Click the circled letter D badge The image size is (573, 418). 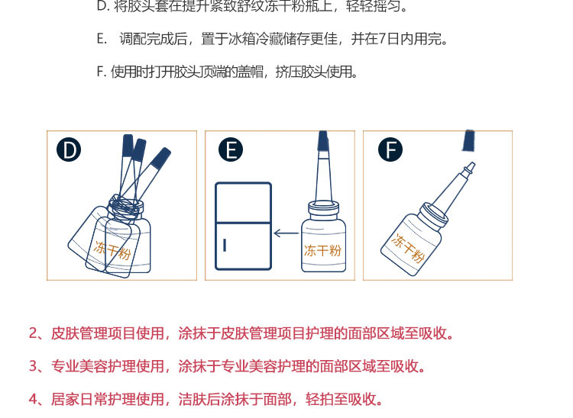point(69,150)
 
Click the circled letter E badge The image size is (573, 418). point(231,150)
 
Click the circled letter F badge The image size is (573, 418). point(390,150)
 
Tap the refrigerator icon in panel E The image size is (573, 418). point(244,226)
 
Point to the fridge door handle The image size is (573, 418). point(225,245)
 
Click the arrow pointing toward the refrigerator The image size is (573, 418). point(286,233)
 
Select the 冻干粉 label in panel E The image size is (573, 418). point(322,251)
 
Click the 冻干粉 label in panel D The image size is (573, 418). point(112,250)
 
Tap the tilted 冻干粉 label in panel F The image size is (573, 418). point(408,249)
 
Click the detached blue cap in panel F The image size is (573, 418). point(468,140)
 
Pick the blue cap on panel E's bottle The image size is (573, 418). point(322,141)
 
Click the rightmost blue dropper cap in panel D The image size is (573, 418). point(160,158)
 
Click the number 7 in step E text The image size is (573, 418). point(382,39)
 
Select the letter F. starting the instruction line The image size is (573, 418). point(101,72)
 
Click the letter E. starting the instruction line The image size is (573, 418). point(102,39)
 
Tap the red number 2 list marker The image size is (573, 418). point(33,333)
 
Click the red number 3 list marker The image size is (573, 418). point(33,366)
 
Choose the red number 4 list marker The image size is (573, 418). point(33,400)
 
